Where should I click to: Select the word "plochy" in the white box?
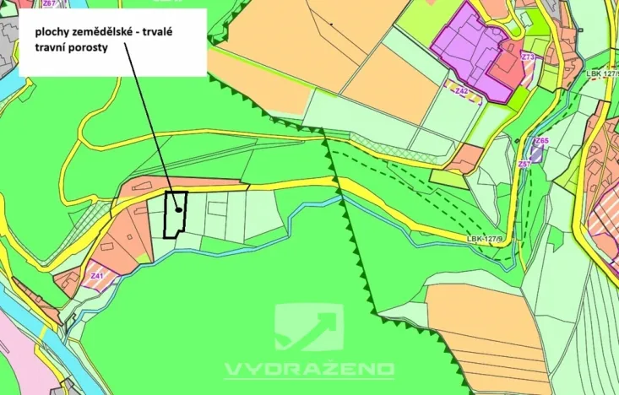(x=49, y=32)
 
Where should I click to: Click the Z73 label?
(x=528, y=57)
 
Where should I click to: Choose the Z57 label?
(x=524, y=163)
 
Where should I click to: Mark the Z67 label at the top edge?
(x=48, y=3)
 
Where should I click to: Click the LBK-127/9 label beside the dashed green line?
(x=485, y=239)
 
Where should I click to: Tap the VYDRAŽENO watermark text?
(x=309, y=369)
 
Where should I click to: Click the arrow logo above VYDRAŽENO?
(x=309, y=327)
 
